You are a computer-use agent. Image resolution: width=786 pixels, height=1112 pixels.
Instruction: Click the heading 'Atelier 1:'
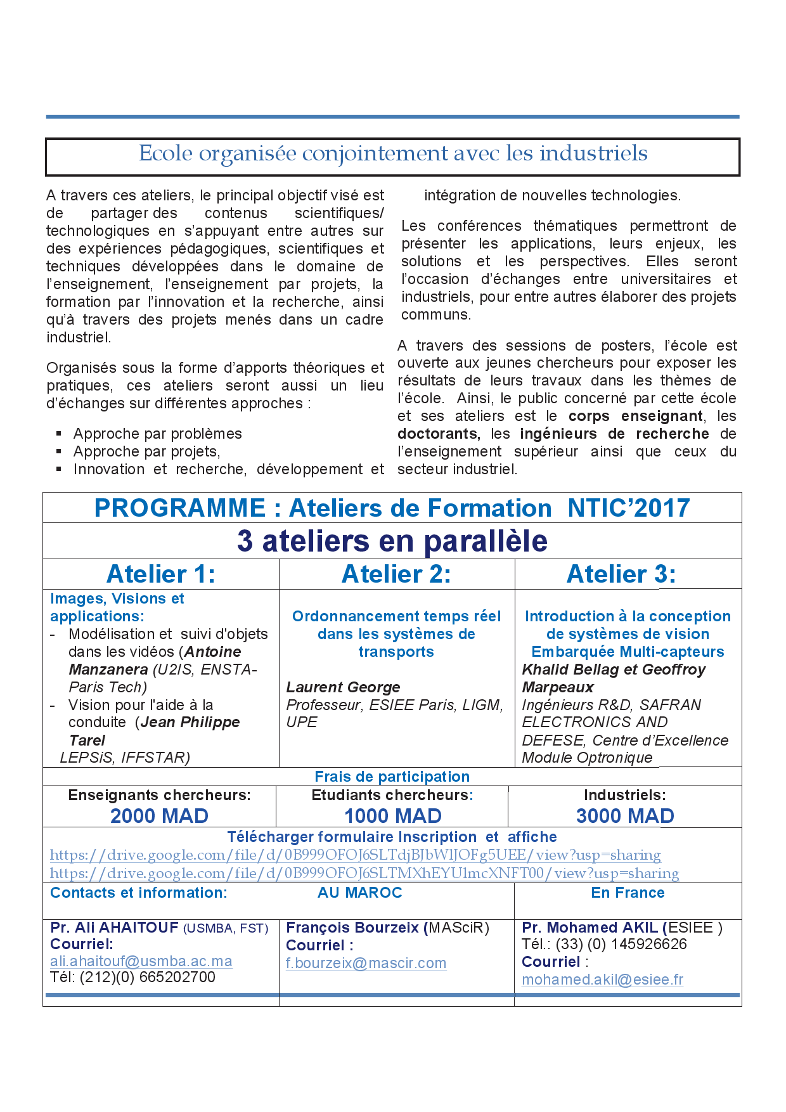pos(161,574)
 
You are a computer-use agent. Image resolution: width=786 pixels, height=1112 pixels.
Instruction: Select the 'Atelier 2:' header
pos(396,574)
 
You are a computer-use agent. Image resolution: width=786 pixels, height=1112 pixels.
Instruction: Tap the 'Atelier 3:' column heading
pos(621,574)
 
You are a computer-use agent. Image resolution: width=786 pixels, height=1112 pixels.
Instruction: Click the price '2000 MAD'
pos(159,816)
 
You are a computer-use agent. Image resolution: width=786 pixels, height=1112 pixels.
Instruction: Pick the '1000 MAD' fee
pos(393,816)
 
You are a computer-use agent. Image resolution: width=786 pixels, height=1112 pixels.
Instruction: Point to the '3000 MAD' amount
pos(625,816)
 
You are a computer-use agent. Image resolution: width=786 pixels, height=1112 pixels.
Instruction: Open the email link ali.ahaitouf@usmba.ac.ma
pos(141,961)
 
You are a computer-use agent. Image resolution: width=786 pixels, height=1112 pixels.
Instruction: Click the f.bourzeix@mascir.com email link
pos(366,963)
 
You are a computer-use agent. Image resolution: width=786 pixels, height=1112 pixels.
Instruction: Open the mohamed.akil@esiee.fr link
pos(602,979)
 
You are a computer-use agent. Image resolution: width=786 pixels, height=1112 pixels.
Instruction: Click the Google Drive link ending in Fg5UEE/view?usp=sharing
pos(355,855)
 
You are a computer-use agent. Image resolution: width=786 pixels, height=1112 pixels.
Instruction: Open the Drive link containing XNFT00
pos(364,874)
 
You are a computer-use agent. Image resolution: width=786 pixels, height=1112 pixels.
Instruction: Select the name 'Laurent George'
pos(343,687)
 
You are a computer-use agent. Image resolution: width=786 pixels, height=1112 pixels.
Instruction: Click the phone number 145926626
pos(649,944)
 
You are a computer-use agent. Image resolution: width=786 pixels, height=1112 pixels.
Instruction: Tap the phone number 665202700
pos(177,977)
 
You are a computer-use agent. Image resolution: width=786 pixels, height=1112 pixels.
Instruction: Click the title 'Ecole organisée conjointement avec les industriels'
pos(393,153)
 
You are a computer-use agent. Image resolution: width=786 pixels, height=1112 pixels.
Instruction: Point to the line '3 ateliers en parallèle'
pos(392,541)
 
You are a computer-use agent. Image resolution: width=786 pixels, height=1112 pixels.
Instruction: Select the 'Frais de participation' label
pos(392,777)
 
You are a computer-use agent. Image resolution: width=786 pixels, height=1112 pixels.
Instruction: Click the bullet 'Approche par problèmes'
pos(157,434)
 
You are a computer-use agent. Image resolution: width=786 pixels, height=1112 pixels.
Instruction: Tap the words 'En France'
pos(628,893)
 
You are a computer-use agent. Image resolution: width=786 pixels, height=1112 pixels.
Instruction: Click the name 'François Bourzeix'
pos(352,928)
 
